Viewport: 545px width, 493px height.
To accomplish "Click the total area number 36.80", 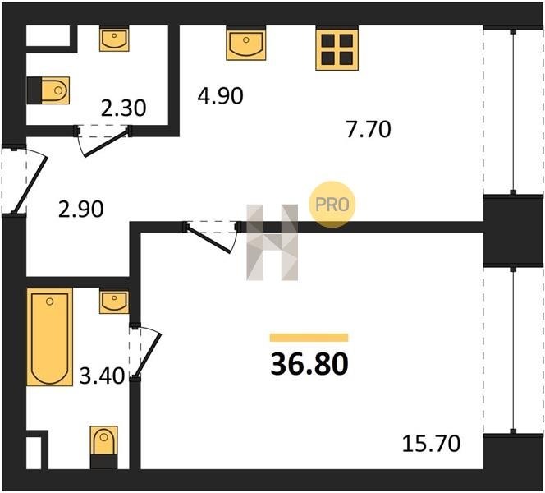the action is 309,364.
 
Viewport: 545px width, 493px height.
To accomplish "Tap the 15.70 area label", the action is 431,444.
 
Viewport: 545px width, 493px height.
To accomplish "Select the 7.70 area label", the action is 369,129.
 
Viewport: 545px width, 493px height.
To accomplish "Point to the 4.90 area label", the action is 220,95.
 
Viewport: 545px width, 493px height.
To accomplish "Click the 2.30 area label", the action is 123,108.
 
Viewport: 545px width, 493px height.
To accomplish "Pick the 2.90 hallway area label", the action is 81,209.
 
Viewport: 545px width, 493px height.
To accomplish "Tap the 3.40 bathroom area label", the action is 102,376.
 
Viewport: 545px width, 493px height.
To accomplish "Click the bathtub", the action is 50,337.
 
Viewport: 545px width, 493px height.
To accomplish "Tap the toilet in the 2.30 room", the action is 48,90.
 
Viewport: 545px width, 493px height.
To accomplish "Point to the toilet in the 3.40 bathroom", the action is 103,447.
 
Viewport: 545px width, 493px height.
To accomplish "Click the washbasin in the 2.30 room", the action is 114,39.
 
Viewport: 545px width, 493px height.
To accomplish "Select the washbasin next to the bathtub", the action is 114,302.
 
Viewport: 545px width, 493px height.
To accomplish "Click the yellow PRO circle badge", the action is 332,205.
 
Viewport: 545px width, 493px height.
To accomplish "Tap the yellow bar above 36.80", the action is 309,338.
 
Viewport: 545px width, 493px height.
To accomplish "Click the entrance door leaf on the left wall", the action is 30,184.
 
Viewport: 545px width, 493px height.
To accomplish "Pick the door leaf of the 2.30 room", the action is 107,143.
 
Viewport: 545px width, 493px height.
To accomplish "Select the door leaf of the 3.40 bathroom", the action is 148,355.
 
